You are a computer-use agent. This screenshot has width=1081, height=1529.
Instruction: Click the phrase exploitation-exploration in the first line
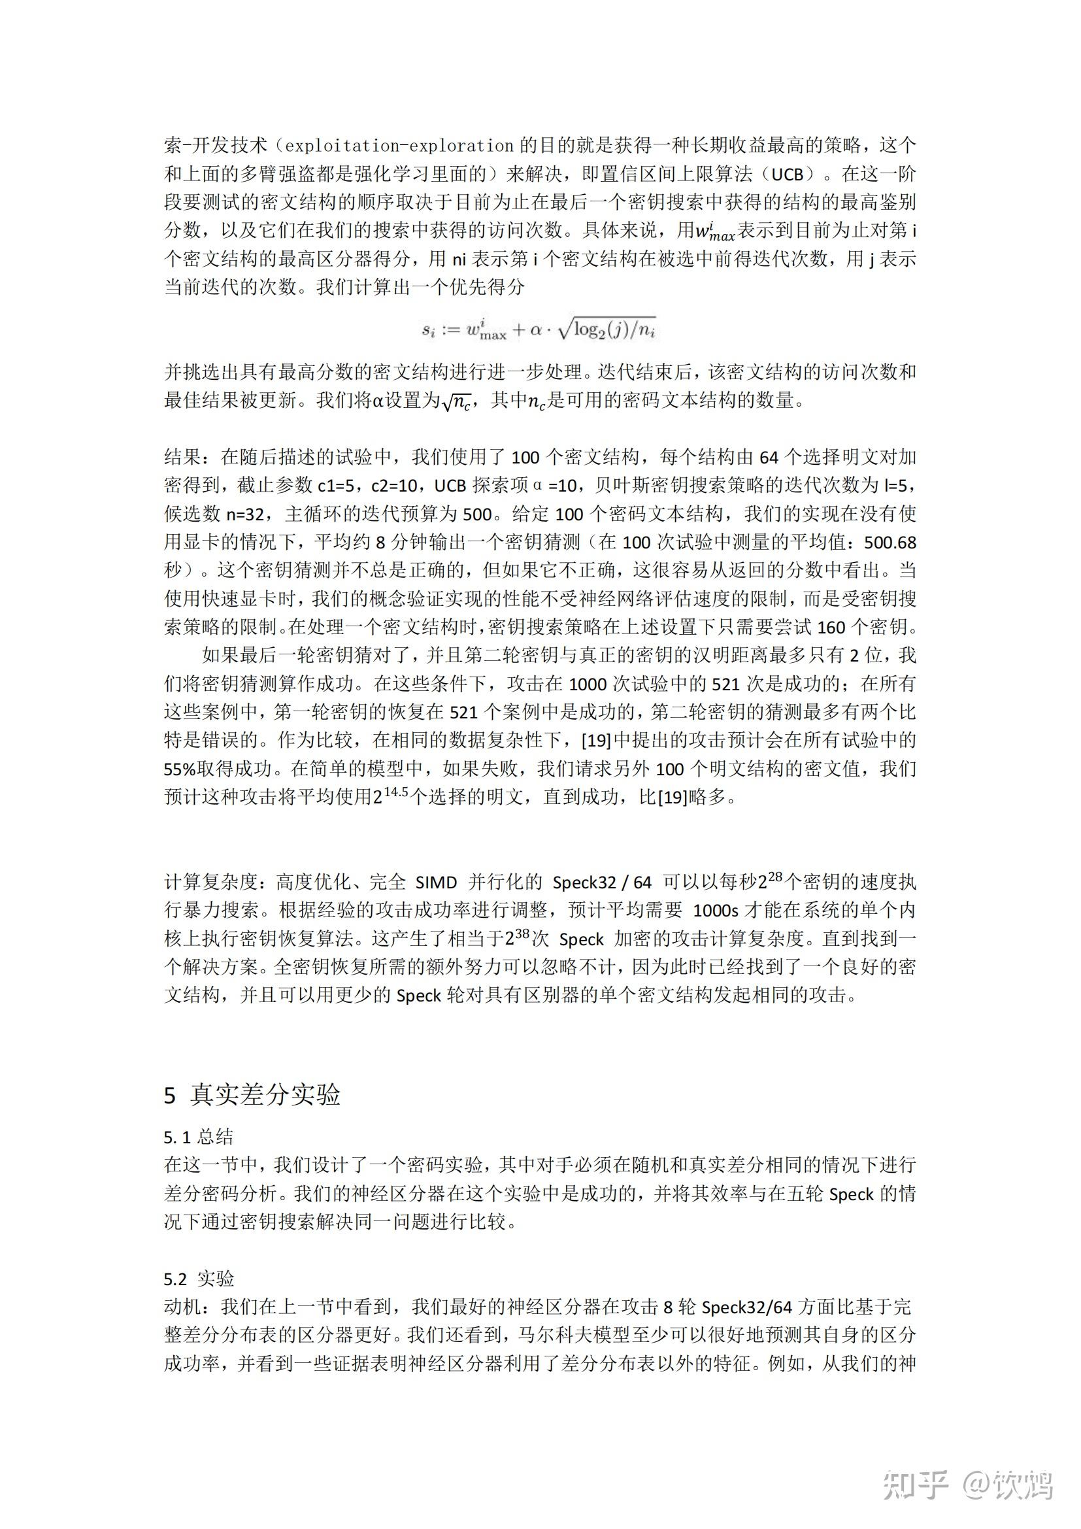point(399,145)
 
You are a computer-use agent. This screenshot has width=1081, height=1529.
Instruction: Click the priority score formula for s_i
point(539,328)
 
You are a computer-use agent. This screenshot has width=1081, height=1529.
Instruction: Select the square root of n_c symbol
point(456,401)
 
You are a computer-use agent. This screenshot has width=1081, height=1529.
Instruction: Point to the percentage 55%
point(180,769)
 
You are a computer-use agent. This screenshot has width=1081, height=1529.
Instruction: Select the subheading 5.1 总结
point(199,1137)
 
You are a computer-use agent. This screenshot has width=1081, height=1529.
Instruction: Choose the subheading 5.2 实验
point(199,1279)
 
